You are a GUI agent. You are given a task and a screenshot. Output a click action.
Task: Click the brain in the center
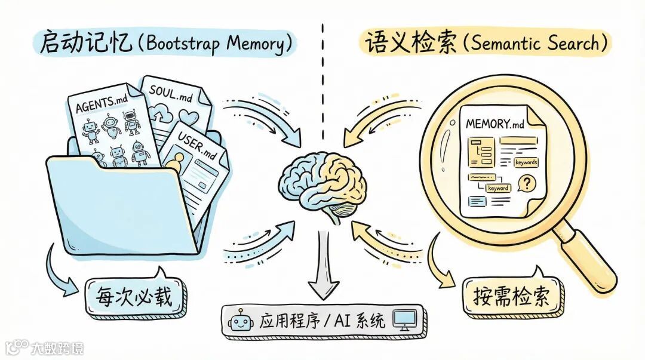pos(322,179)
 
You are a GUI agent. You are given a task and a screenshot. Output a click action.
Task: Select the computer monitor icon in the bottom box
pos(407,321)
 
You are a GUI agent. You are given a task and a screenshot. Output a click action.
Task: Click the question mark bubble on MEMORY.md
pos(526,183)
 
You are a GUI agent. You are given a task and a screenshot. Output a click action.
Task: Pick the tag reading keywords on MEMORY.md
pos(526,162)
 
